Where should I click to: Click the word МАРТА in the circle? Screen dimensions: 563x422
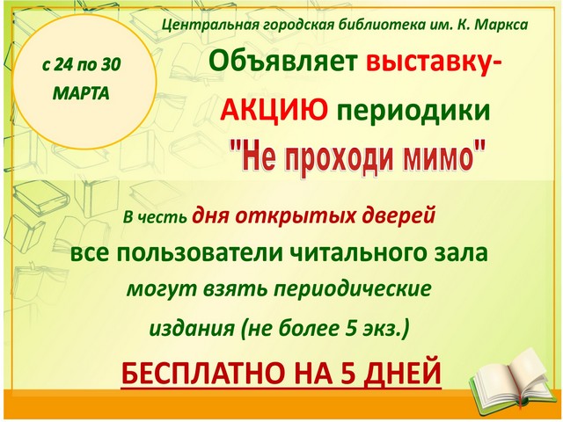tap(81, 94)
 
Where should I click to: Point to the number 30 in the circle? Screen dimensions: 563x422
tap(110, 65)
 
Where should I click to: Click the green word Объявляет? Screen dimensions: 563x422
tap(283, 62)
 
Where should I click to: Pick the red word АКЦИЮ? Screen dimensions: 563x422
tap(274, 110)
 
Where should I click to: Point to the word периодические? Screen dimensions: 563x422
tap(352, 289)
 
